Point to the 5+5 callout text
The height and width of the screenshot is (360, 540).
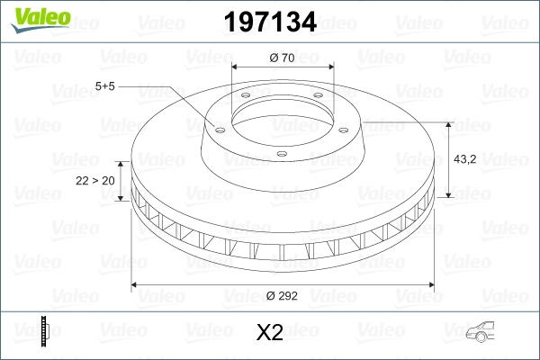pyautogui.click(x=106, y=86)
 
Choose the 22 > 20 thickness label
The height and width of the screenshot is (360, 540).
pyautogui.click(x=94, y=180)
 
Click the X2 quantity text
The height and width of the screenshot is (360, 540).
pyautogui.click(x=270, y=333)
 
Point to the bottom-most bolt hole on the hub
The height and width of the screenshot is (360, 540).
pyautogui.click(x=280, y=154)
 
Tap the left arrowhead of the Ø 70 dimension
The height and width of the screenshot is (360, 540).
pyautogui.click(x=236, y=67)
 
